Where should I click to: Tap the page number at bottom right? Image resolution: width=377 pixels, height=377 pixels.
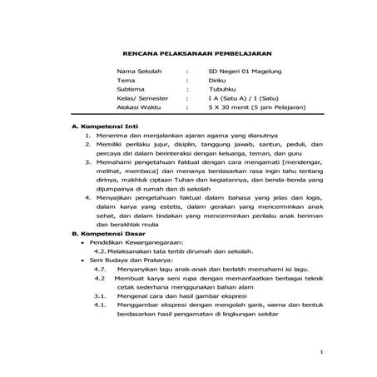[321, 355]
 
